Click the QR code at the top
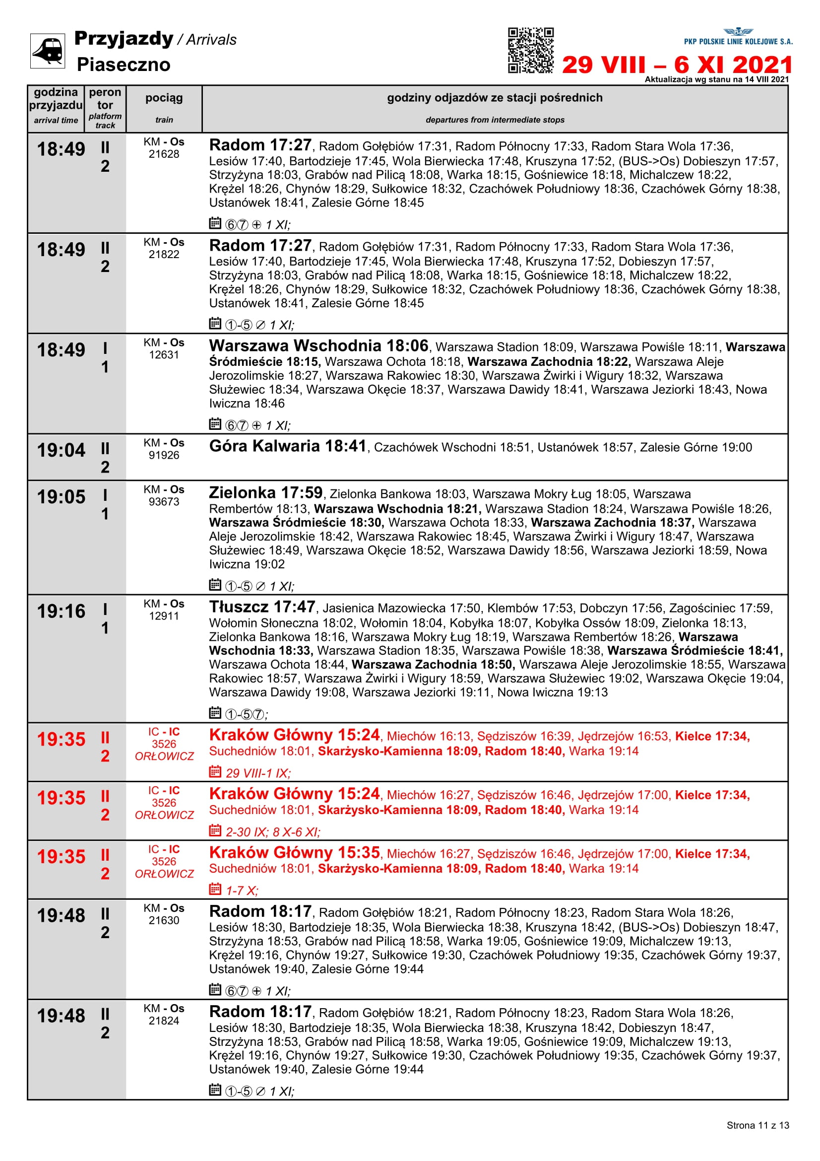(x=530, y=50)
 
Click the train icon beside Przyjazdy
(x=48, y=51)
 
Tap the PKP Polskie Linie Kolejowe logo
(x=738, y=36)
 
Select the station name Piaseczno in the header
(x=124, y=65)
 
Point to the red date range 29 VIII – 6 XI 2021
(x=677, y=65)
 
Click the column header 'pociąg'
(x=164, y=98)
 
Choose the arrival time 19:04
(x=61, y=450)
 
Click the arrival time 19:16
(x=61, y=612)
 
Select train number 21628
(x=164, y=154)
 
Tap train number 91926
(x=164, y=455)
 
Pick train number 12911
(x=164, y=616)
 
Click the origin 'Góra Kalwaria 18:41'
(x=288, y=447)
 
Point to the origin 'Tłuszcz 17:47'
(x=262, y=607)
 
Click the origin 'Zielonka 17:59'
(x=266, y=493)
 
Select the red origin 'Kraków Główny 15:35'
(x=294, y=853)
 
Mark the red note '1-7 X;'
(x=242, y=890)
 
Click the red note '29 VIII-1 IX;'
(x=257, y=773)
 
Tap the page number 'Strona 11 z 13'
(x=757, y=1125)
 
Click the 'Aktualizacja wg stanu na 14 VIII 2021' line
(x=716, y=79)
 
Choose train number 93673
(x=164, y=502)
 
